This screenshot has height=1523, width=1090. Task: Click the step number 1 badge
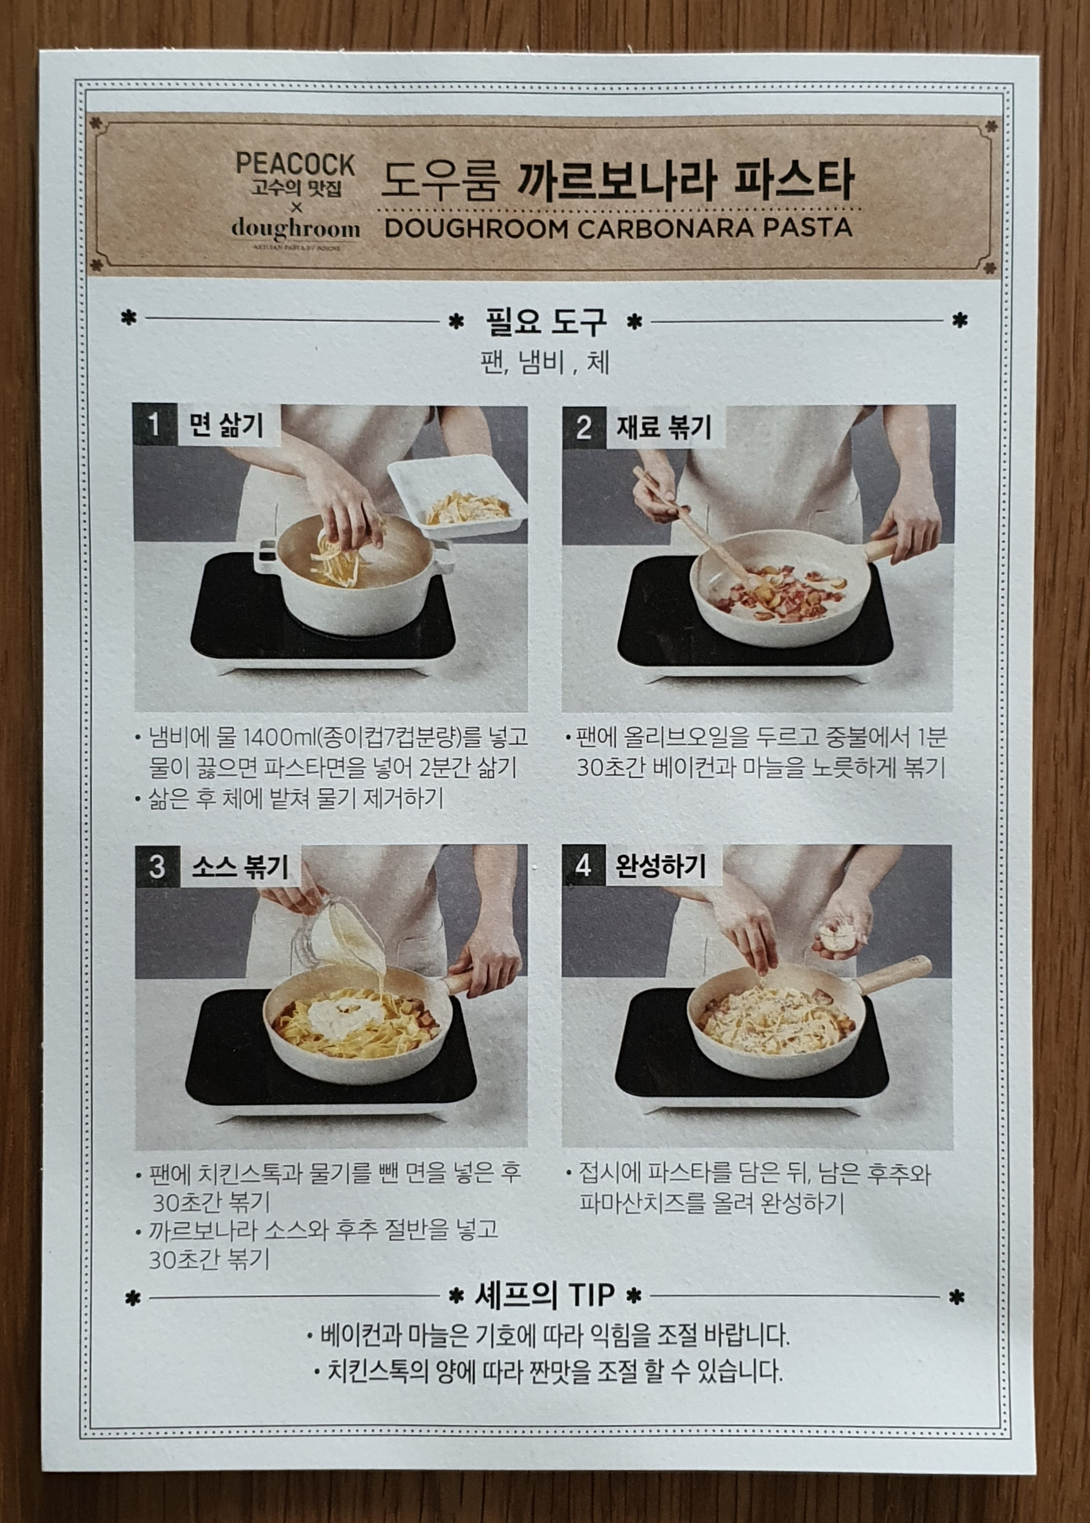tap(154, 425)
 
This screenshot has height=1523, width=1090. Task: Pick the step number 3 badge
tap(157, 866)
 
